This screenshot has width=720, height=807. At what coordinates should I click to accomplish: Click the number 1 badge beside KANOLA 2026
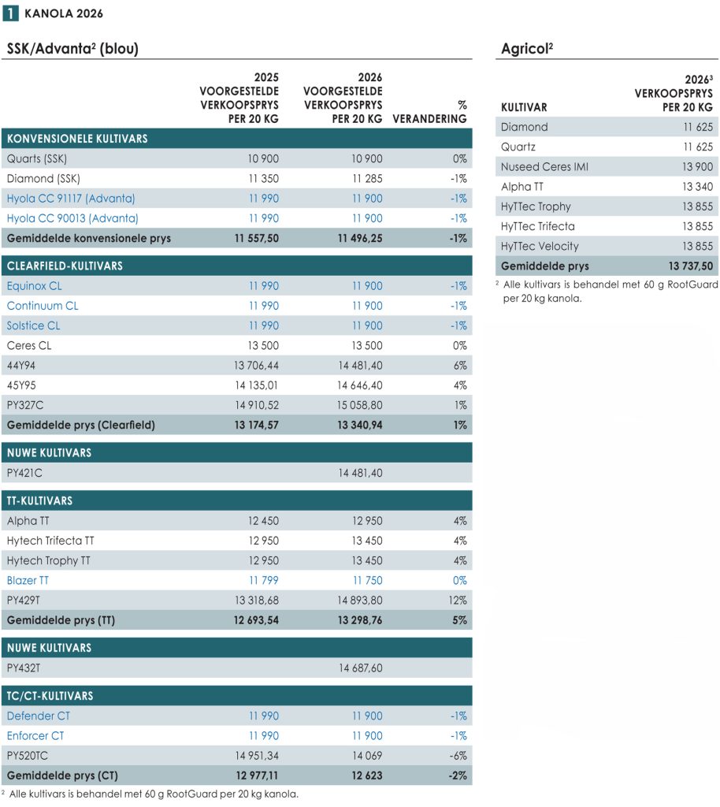tap(12, 13)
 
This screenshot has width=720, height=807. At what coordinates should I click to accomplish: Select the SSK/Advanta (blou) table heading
tap(72, 49)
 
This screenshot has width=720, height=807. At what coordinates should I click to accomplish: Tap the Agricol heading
tap(526, 49)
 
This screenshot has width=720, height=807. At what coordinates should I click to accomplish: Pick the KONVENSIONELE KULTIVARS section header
tap(77, 139)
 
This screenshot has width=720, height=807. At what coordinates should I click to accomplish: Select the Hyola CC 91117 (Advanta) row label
tap(71, 199)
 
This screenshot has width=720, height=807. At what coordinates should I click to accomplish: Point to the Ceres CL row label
tap(29, 346)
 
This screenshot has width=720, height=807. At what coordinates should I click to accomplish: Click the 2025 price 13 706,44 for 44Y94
tap(256, 366)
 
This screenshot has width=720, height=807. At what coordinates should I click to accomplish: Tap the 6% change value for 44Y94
tap(459, 366)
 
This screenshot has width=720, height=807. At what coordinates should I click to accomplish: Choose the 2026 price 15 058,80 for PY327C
tap(360, 405)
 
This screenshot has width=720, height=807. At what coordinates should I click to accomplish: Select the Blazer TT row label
tap(28, 581)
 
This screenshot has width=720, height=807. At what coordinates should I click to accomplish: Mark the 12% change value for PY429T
tap(458, 601)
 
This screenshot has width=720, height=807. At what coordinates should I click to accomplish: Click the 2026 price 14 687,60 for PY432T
tap(360, 668)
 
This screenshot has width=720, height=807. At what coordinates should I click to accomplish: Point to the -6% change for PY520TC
tap(458, 756)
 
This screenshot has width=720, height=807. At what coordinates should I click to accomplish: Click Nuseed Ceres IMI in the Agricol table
tap(544, 166)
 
